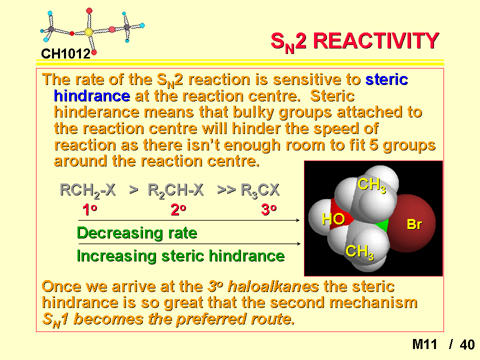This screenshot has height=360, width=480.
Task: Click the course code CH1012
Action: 65,54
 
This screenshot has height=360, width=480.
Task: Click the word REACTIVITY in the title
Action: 376,41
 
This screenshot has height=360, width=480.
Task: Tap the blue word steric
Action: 386,79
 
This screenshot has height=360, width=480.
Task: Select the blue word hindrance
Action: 92,96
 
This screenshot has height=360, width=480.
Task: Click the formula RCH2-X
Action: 87,190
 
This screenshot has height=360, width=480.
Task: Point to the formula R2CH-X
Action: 175,190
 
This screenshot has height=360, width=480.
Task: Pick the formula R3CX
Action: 260,190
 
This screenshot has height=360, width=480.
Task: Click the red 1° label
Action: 89,210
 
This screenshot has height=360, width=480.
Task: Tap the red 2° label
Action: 178,210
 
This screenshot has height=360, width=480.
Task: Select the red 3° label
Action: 269,210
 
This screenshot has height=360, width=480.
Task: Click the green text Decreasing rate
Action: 137,233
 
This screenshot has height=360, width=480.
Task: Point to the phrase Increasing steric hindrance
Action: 180,256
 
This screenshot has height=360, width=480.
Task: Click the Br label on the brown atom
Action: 414,224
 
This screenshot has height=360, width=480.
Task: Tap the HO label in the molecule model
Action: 333,219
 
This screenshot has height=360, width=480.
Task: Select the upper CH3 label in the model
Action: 371,185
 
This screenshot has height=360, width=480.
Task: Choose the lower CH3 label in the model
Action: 359,252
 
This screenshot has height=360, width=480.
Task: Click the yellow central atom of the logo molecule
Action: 89,32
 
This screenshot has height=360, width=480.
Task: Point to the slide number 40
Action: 467,344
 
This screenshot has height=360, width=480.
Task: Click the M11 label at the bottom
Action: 424,344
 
